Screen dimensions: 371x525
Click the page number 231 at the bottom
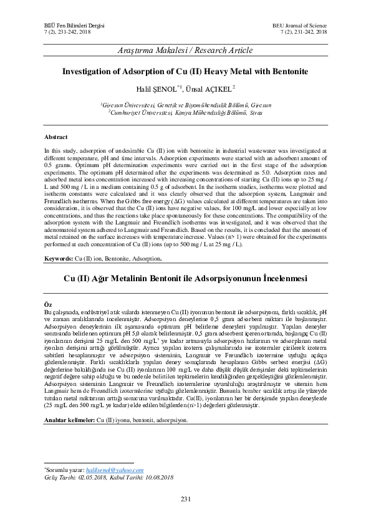click(x=185, y=498)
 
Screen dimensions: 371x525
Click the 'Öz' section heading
click(x=47, y=302)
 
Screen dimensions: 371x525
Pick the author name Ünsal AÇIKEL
click(x=210, y=89)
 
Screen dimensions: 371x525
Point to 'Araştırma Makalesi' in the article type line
click(x=148, y=51)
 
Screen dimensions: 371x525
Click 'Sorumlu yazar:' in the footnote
click(x=64, y=468)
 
